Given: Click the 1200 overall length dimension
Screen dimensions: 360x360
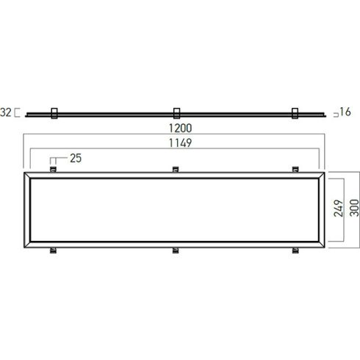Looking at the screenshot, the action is (x=181, y=128).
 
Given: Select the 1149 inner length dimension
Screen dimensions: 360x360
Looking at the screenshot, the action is (x=181, y=143).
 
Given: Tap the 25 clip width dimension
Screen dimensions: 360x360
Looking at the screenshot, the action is (x=76, y=158).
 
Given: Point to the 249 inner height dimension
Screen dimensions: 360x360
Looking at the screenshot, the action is (x=338, y=208).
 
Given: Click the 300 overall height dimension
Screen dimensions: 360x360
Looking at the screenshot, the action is (x=354, y=208).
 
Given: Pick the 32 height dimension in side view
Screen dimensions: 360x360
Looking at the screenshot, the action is (x=6, y=112).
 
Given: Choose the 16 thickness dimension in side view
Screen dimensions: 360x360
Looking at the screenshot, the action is (x=345, y=112).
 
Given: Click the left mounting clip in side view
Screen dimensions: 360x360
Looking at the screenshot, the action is (x=54, y=113).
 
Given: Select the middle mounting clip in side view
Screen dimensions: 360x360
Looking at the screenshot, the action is (x=176, y=113).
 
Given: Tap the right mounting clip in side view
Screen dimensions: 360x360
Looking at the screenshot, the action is (x=295, y=113).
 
